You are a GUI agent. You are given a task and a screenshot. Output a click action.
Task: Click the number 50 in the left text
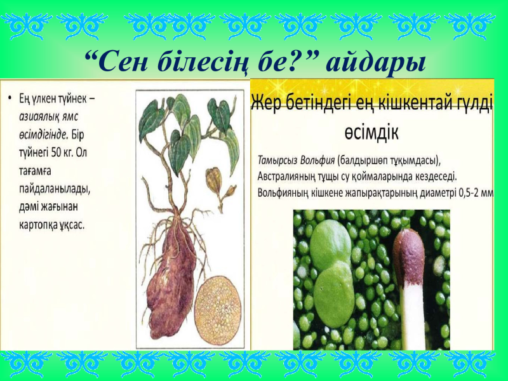[57, 152]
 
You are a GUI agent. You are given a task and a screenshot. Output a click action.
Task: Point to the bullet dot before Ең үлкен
[11, 97]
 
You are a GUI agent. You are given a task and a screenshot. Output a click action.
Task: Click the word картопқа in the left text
[35, 225]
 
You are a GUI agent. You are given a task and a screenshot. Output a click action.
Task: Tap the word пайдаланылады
[54, 189]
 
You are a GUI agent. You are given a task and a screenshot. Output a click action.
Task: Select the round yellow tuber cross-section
[217, 310]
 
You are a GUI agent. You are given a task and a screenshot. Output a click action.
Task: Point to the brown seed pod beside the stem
[214, 179]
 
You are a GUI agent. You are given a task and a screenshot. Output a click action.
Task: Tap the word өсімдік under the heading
[371, 132]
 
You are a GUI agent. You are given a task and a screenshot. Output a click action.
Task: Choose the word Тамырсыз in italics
[277, 161]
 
